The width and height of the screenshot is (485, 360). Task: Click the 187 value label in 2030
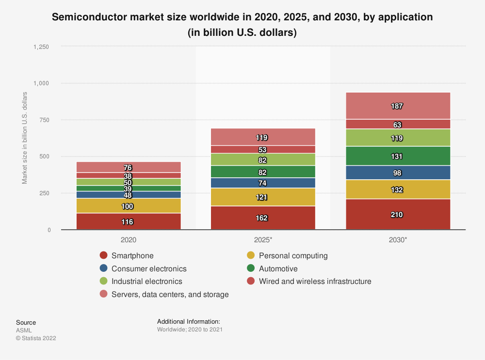397,106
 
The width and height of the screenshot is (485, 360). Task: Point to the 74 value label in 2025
262,183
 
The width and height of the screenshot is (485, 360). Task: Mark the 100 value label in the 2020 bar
128,206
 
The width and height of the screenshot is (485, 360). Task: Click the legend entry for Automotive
278,268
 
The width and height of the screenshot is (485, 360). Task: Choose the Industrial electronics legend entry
146,281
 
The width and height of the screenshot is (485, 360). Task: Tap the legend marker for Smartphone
103,255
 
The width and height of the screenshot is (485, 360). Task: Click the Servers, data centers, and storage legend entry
170,294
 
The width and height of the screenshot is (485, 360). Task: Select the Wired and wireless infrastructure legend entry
315,281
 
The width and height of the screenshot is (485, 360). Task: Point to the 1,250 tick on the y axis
41,47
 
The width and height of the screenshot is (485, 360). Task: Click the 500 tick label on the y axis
45,157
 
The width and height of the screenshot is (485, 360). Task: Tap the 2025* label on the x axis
263,239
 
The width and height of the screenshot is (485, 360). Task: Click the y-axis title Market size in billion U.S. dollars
24,138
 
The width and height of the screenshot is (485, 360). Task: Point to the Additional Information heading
189,321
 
